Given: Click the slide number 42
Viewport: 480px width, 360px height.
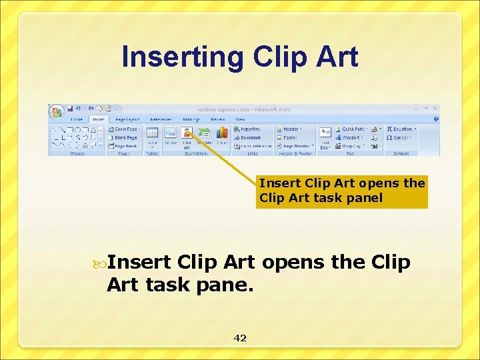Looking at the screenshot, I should [240, 338].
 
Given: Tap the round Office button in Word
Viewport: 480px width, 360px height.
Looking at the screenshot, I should [56, 110].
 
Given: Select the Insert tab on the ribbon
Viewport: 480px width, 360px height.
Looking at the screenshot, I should [99, 119].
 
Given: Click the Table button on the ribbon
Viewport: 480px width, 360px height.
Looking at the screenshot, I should [152, 135].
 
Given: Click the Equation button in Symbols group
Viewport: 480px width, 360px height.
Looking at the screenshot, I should [400, 129].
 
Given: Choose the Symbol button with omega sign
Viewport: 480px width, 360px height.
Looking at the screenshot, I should [399, 137].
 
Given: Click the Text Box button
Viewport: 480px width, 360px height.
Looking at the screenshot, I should [325, 137].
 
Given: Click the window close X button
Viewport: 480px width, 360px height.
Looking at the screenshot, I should [435, 108].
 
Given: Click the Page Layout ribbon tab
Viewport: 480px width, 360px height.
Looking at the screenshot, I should [126, 119].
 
